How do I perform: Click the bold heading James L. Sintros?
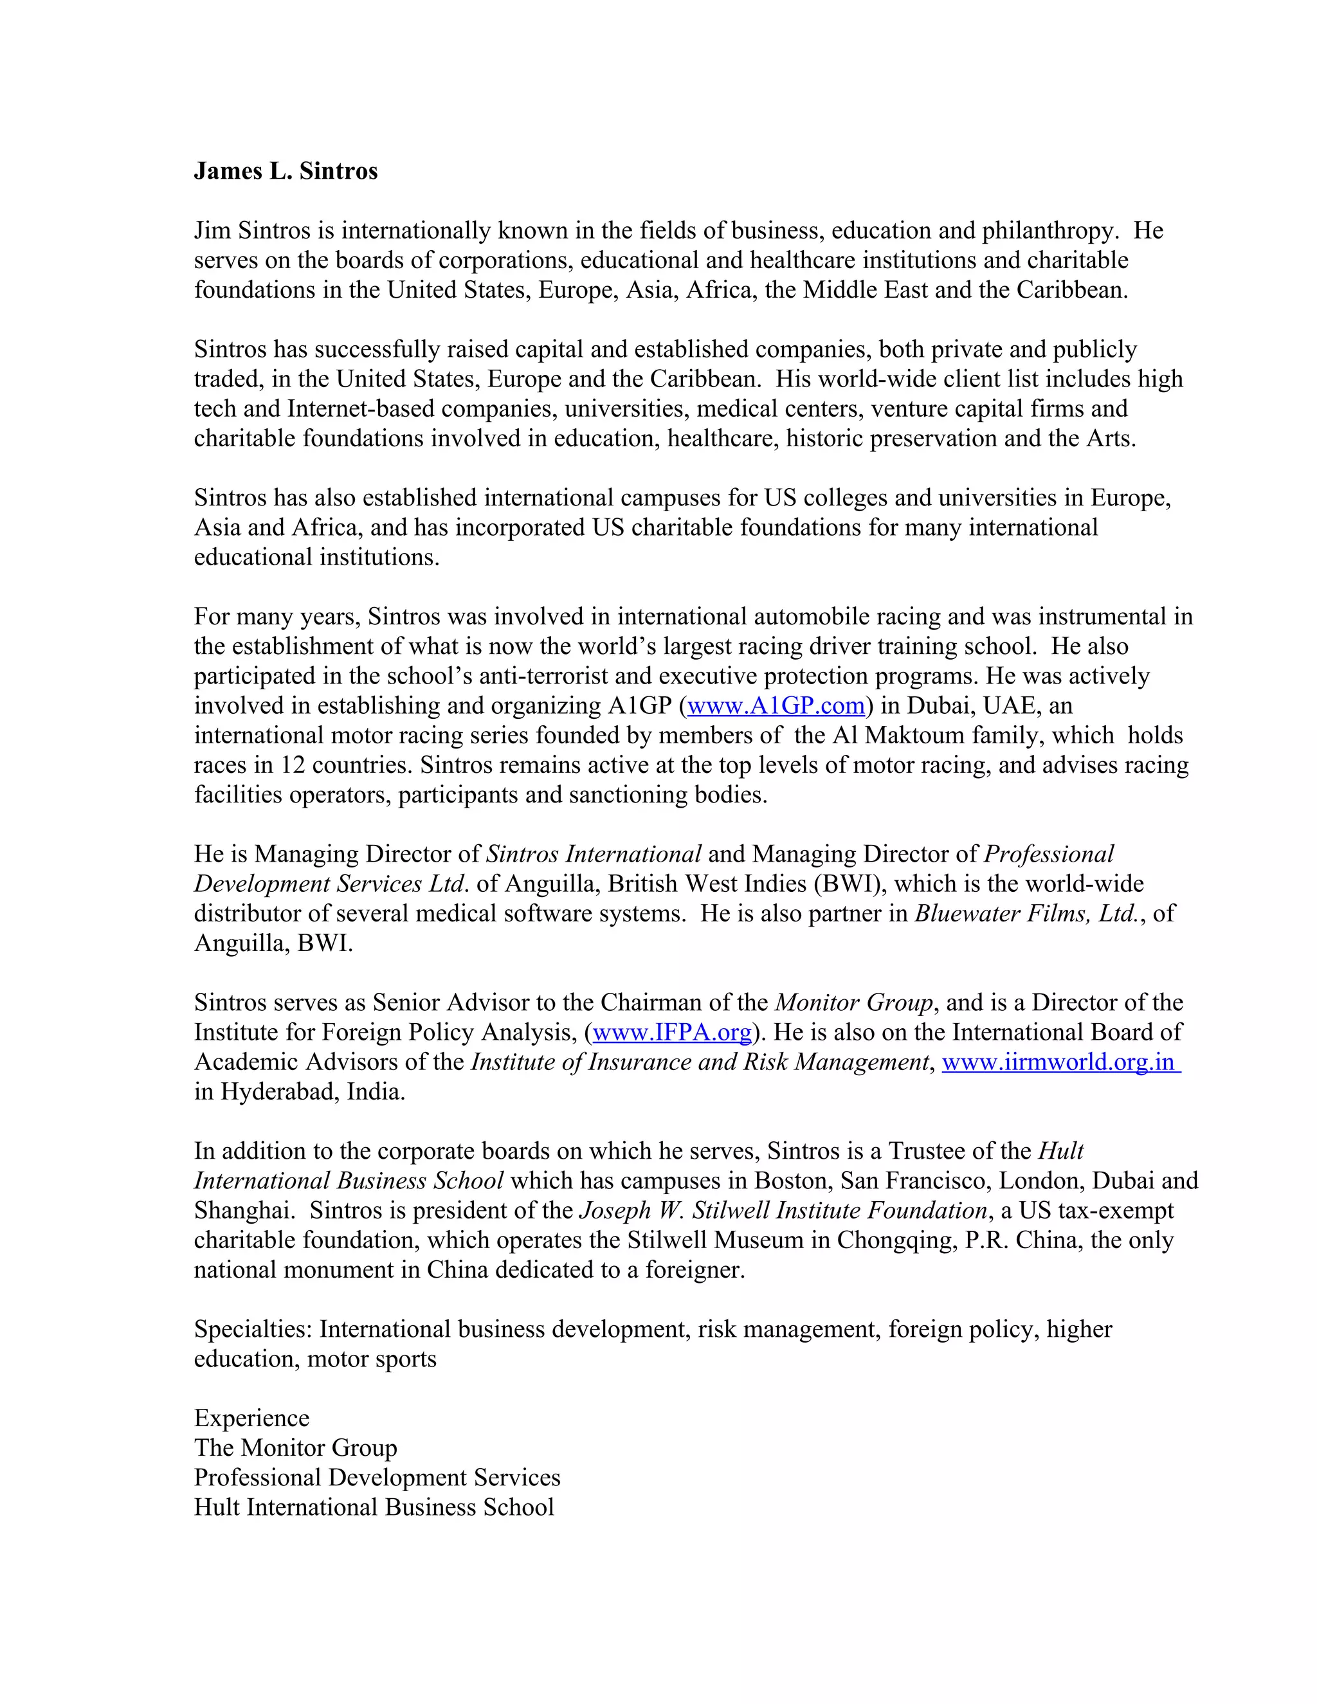coord(286,171)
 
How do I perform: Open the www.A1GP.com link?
coord(776,705)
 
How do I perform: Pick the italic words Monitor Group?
coord(853,1002)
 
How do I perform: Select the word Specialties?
coord(253,1330)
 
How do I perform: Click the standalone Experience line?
coord(251,1418)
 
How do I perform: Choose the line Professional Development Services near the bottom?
coord(377,1477)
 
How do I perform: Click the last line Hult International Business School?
coord(374,1507)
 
